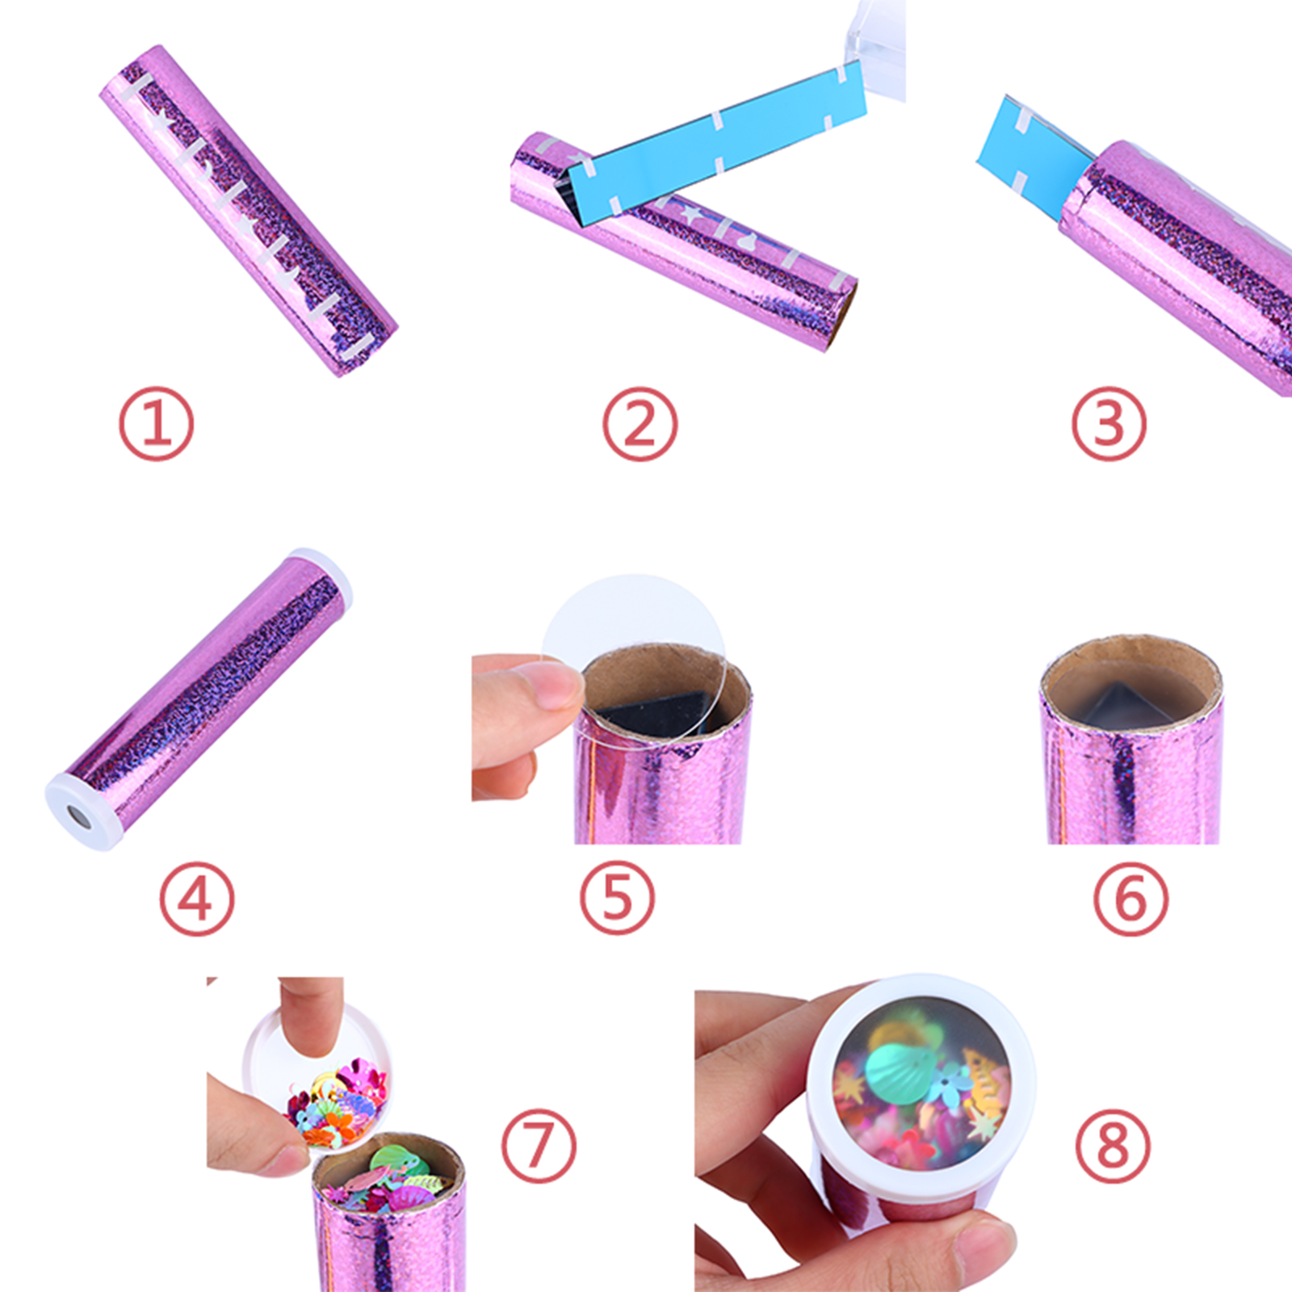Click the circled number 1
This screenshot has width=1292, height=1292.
157,424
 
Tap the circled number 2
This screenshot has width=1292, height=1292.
640,424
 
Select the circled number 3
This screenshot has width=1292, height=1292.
1109,424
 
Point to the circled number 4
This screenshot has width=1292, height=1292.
196,899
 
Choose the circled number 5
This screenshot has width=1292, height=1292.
618,899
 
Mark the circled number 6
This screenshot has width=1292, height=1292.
1130,899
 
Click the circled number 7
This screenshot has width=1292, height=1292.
539,1146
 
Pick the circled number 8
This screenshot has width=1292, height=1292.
1113,1146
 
